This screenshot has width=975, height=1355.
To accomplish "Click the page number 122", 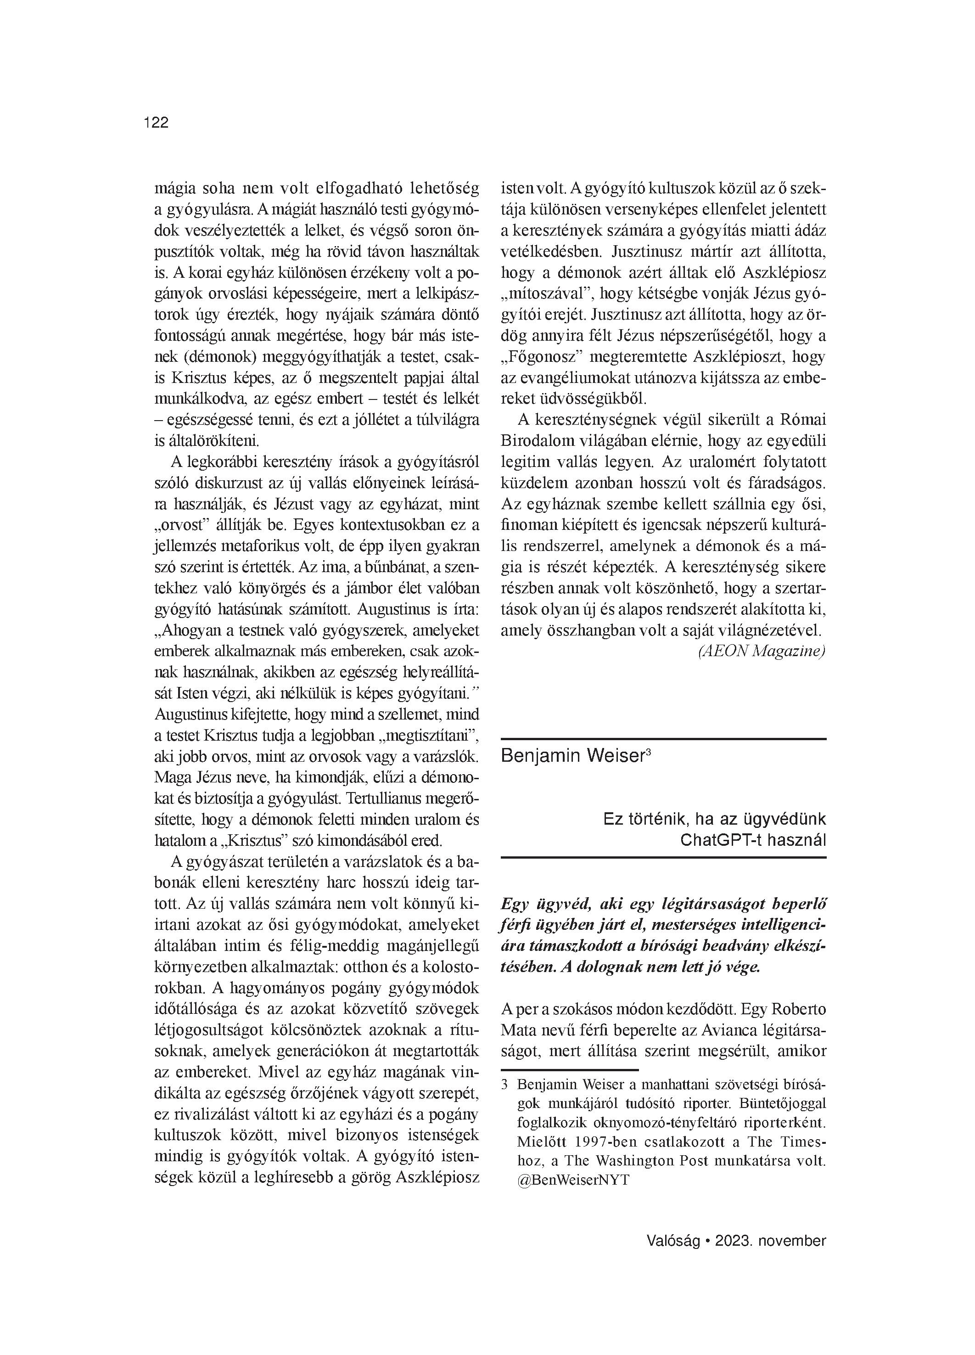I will [x=157, y=123].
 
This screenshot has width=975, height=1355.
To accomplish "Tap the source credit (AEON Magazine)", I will [x=761, y=651].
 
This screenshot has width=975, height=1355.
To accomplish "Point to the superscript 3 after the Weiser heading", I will [x=648, y=752].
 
